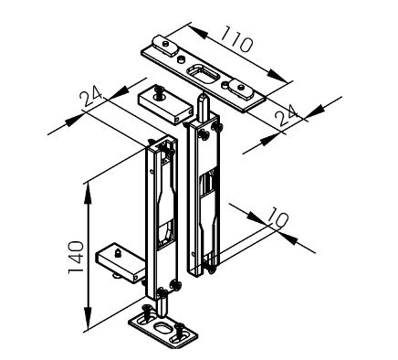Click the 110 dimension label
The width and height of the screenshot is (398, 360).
236,39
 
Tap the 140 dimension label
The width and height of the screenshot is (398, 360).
76,258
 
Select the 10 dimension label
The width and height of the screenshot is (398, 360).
278,217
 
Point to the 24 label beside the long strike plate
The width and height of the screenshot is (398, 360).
286,114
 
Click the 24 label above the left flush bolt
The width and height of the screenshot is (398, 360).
91,96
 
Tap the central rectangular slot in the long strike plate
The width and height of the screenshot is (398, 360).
202,73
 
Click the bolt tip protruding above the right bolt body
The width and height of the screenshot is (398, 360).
203,107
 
